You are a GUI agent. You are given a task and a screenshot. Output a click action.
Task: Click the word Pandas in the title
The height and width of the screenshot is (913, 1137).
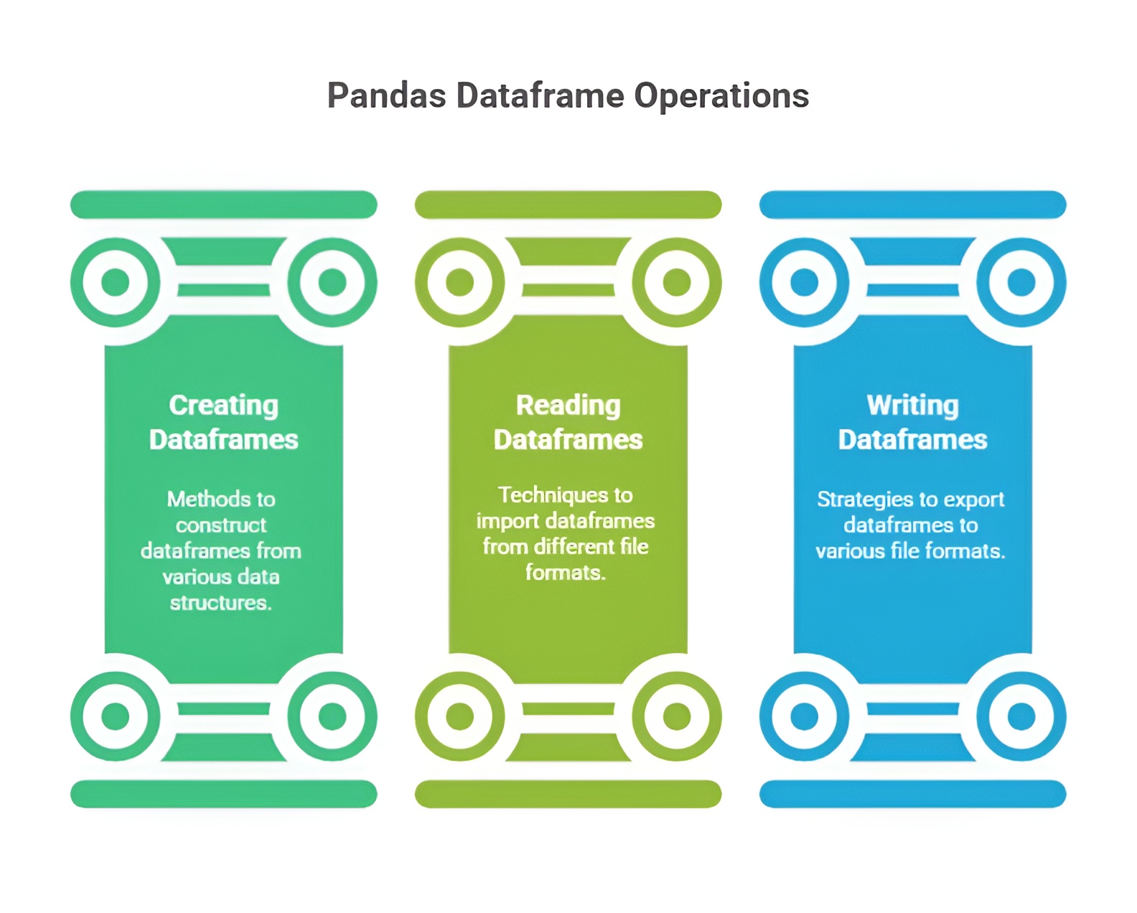[386, 95]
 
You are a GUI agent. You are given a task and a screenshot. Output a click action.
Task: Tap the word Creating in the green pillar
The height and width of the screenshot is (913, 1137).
[223, 406]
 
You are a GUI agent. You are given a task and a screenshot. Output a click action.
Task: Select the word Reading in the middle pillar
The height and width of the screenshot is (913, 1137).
[568, 406]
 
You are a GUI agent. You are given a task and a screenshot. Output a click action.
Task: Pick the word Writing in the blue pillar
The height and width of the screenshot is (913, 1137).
[912, 406]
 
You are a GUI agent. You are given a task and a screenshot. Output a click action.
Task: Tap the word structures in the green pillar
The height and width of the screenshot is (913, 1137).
[220, 603]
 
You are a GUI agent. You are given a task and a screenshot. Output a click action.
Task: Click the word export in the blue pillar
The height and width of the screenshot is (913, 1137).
[974, 500]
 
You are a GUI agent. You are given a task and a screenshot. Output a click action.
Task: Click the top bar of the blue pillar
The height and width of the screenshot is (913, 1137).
[912, 205]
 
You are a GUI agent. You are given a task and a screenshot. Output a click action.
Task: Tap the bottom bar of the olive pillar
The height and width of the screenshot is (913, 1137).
[568, 794]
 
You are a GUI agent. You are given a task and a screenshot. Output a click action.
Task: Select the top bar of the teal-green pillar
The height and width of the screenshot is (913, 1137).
[223, 205]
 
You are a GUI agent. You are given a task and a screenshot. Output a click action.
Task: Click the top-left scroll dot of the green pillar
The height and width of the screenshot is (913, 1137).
[116, 282]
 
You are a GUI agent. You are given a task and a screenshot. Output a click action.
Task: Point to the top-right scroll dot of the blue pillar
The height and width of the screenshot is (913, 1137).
[1021, 282]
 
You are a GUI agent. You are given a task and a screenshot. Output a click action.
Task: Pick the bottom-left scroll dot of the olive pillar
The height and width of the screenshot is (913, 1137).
[460, 716]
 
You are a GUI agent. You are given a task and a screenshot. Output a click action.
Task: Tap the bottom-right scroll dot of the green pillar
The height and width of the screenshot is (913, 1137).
[332, 716]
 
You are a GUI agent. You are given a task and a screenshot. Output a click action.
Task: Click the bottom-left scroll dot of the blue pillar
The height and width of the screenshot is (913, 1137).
[805, 716]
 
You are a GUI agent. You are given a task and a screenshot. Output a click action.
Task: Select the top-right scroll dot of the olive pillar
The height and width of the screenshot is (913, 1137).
[676, 282]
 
